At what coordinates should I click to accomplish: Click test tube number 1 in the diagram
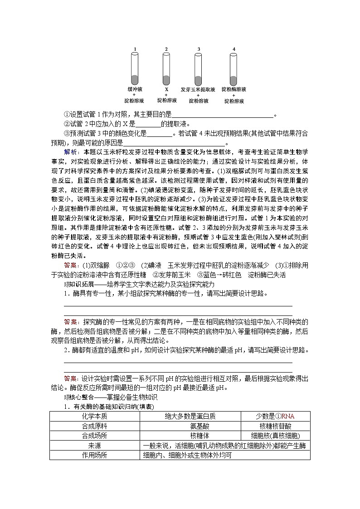135,68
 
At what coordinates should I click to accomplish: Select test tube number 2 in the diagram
166,68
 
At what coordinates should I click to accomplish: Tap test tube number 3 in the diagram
199,68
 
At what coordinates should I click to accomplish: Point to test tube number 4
234,68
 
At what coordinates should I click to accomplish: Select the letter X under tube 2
166,90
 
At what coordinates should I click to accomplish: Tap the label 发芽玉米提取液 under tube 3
198,90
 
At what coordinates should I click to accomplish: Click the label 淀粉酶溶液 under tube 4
234,90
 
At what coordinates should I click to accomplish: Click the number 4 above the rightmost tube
234,48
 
